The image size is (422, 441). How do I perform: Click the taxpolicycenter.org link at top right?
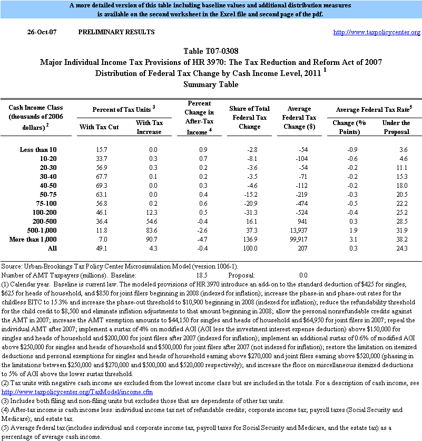click(x=377, y=33)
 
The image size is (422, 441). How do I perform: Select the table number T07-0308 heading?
click(x=211, y=52)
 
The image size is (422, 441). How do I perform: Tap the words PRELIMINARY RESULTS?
click(x=116, y=33)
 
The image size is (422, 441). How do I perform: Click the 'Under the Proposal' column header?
click(x=396, y=127)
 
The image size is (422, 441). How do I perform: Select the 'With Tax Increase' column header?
click(x=150, y=127)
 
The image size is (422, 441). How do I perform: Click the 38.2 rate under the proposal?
click(x=403, y=239)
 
